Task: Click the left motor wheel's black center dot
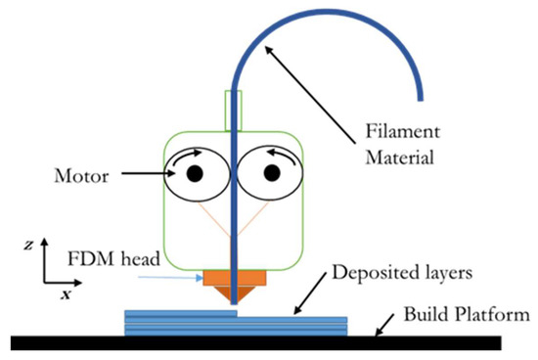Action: coord(195,173)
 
